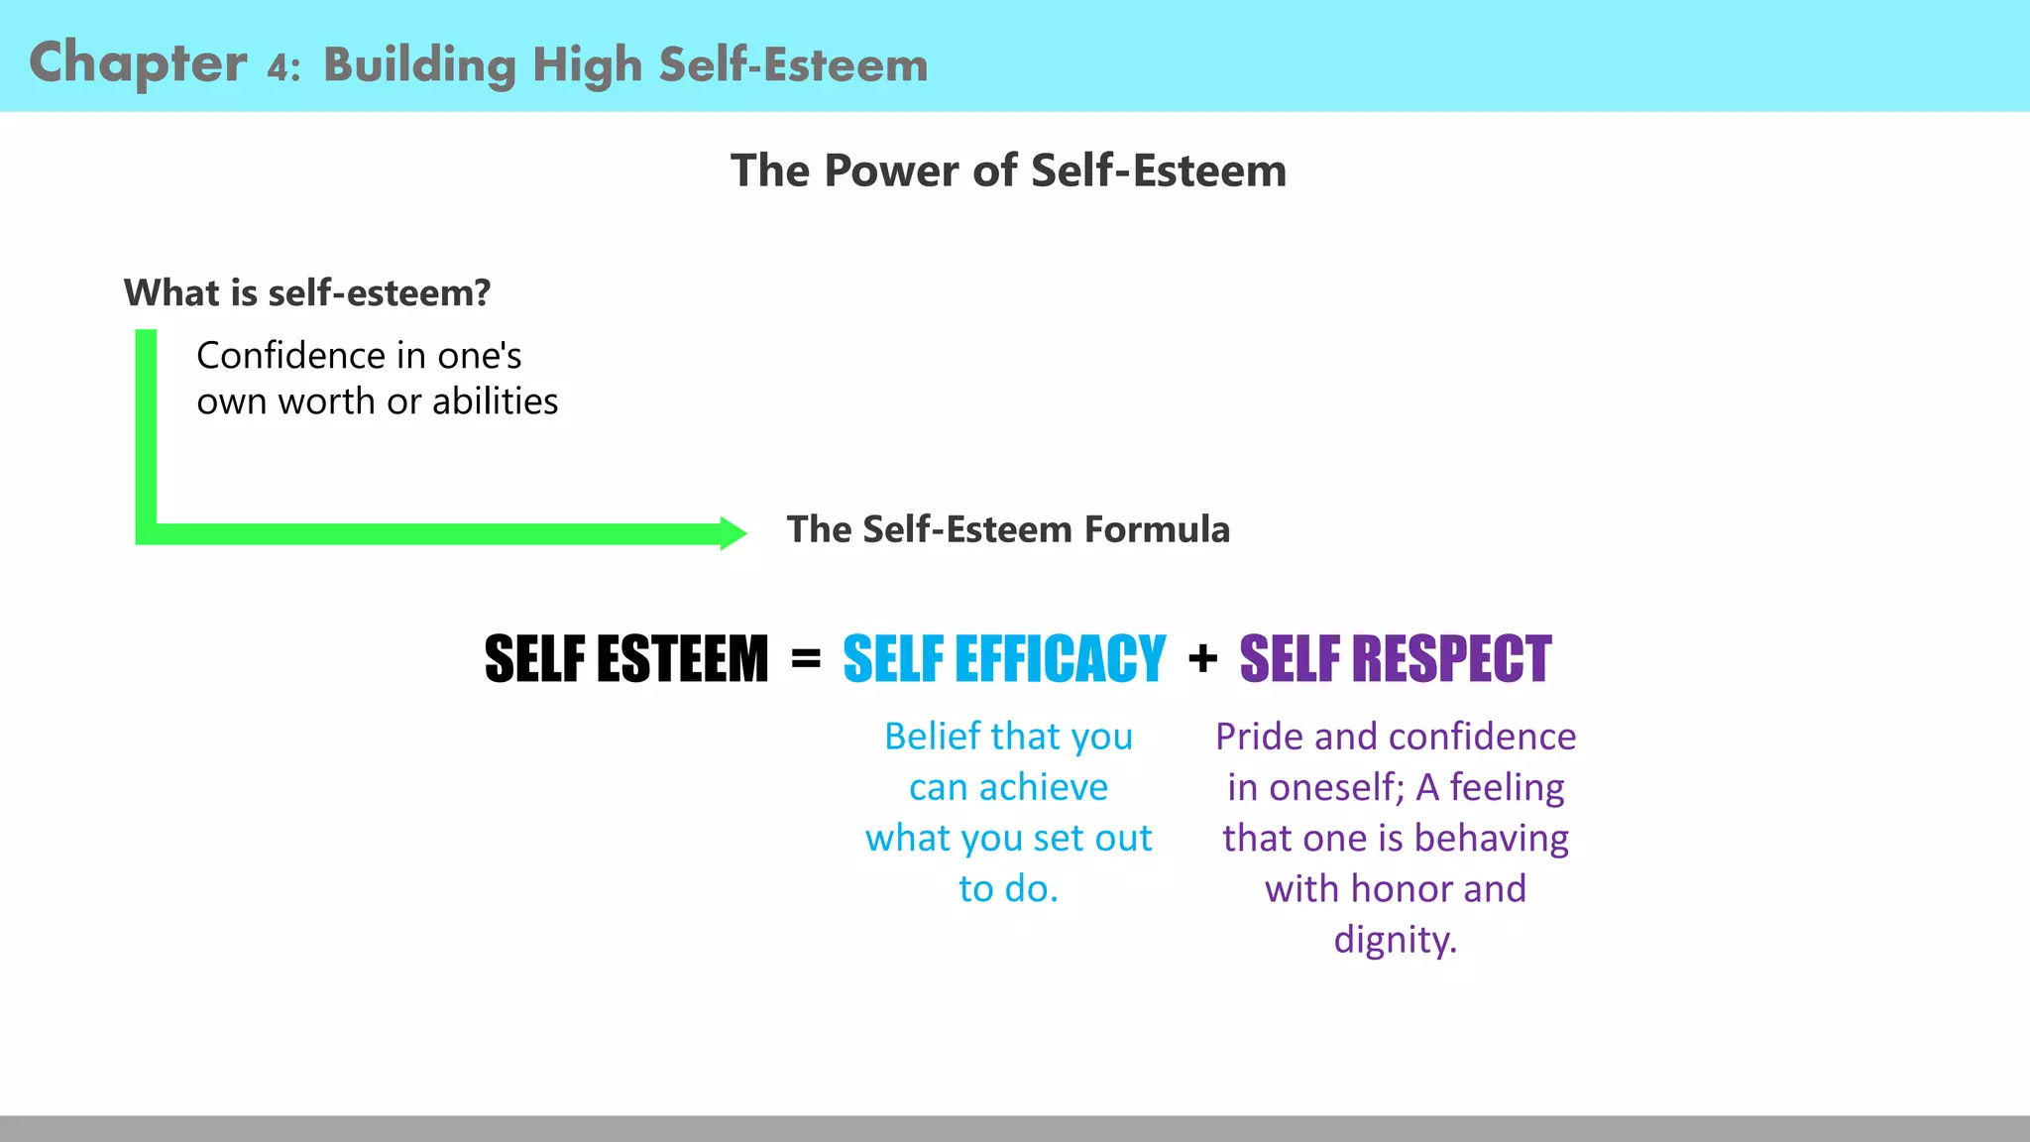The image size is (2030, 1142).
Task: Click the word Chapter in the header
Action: pos(138,63)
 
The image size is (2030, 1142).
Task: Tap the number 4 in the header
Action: pos(279,67)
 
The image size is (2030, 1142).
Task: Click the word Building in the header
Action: pos(419,66)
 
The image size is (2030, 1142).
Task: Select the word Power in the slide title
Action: pos(891,171)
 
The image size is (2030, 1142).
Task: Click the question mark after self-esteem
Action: pos(482,293)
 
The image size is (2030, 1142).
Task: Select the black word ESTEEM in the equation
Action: pos(683,659)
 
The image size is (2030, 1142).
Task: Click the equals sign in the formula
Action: pos(806,658)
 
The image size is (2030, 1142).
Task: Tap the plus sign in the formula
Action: pos(1202,658)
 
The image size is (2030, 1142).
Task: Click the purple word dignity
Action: pos(1395,940)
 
